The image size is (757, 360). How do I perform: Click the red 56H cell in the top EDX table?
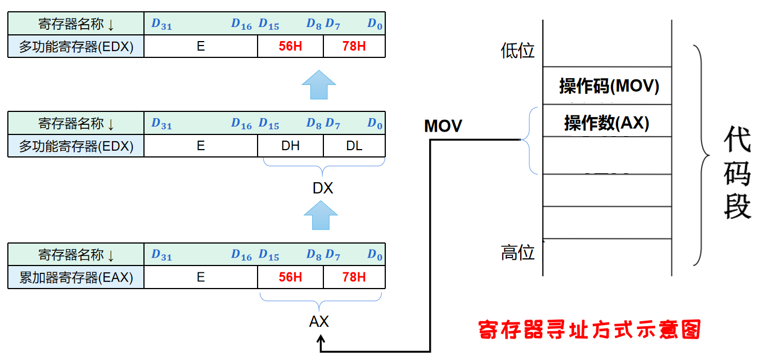click(290, 46)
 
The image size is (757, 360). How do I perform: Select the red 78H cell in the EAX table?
click(354, 277)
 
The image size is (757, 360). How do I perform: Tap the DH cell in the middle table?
click(290, 146)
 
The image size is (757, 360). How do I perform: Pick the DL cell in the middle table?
click(354, 146)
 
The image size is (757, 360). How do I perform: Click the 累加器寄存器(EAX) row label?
click(76, 277)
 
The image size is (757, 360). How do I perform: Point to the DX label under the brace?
click(323, 188)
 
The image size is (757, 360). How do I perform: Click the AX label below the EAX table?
click(319, 322)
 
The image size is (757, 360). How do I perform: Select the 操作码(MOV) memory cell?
click(609, 86)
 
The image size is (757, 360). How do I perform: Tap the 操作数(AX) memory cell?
click(607, 122)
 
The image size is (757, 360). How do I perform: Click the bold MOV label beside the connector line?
click(443, 126)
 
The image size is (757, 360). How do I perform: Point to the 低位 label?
click(517, 51)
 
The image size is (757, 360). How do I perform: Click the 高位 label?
click(517, 253)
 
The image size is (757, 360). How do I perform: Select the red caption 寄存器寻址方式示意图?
click(589, 330)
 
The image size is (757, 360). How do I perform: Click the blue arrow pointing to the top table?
click(319, 85)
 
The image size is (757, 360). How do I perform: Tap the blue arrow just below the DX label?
click(321, 216)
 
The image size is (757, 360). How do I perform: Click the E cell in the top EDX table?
click(201, 46)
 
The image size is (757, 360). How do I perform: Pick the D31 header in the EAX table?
click(161, 255)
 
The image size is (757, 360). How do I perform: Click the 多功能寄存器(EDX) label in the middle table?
click(76, 146)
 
